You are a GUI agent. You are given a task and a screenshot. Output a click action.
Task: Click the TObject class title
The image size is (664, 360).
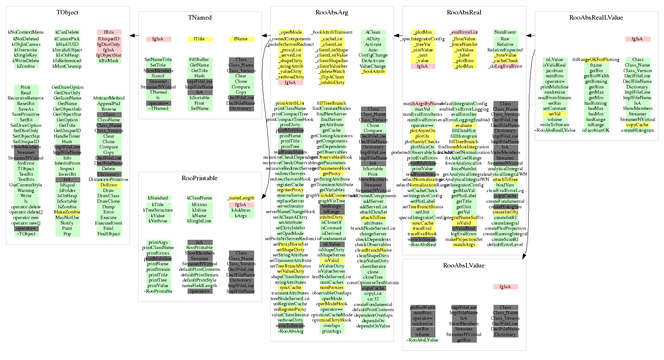pos(67,13)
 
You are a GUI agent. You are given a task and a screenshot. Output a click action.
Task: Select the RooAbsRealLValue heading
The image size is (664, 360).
pos(596,18)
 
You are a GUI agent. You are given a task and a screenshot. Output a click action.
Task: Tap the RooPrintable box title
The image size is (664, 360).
pos(199,178)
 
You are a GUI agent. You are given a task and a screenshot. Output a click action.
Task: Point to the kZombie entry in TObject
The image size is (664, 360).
pos(26,66)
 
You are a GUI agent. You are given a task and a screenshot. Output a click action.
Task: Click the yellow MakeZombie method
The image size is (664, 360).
pos(67,212)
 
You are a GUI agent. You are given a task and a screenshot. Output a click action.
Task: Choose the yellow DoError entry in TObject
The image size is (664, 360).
pos(109,185)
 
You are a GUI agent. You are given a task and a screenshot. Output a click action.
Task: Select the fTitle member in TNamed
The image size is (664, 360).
pos(199,39)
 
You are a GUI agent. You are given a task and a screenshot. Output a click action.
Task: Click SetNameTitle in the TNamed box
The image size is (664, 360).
pos(158,60)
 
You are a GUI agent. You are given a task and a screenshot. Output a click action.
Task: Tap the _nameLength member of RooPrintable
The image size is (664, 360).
pos(241,198)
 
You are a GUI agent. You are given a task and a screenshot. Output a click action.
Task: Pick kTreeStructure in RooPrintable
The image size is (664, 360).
pos(158,210)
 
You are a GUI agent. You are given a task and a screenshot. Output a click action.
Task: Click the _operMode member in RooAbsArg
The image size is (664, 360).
pos(290,32)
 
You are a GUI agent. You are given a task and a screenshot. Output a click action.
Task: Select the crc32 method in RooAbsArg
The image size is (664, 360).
pos(373,299)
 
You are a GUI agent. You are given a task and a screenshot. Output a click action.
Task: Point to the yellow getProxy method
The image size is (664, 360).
pos(331,174)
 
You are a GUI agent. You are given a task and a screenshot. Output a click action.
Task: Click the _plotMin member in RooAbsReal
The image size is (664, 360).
pos(422,32)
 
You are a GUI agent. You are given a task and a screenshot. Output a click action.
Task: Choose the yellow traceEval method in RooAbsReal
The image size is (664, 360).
pos(422,228)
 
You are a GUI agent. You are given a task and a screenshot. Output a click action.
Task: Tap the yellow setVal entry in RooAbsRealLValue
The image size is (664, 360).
pos(555,114)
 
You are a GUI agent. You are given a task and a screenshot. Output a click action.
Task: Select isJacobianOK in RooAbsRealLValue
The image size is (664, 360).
pos(596,130)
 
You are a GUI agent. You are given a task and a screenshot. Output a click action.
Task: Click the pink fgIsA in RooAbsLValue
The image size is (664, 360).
pos(505,287)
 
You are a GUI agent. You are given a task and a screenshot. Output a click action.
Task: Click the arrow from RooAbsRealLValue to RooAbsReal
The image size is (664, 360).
pos(530,36)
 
